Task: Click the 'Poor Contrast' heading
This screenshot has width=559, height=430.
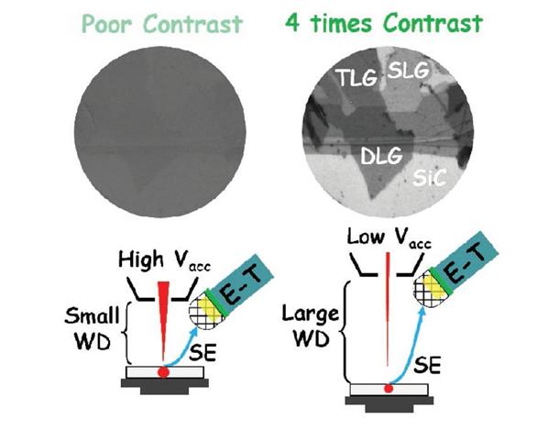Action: (162, 24)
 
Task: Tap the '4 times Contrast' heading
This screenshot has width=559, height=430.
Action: (384, 23)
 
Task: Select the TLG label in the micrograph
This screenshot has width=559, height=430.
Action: (356, 78)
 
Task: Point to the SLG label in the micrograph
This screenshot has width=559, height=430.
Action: (408, 70)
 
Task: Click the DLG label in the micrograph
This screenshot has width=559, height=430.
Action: (381, 156)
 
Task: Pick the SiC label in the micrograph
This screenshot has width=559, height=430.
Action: (430, 177)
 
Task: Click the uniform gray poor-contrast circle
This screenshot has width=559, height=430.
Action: (160, 132)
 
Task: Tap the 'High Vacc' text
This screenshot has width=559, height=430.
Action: (164, 260)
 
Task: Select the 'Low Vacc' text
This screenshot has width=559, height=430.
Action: (389, 237)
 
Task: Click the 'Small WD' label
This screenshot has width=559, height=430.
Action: (92, 328)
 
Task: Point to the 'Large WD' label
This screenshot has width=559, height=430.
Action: (310, 325)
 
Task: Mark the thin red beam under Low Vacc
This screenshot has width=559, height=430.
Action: (388, 309)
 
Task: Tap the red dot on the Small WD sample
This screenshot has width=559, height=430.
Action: (164, 372)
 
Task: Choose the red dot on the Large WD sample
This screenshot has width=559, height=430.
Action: (389, 389)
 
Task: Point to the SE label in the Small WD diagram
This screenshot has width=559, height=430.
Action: (203, 353)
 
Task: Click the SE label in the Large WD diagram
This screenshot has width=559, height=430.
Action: (427, 364)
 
